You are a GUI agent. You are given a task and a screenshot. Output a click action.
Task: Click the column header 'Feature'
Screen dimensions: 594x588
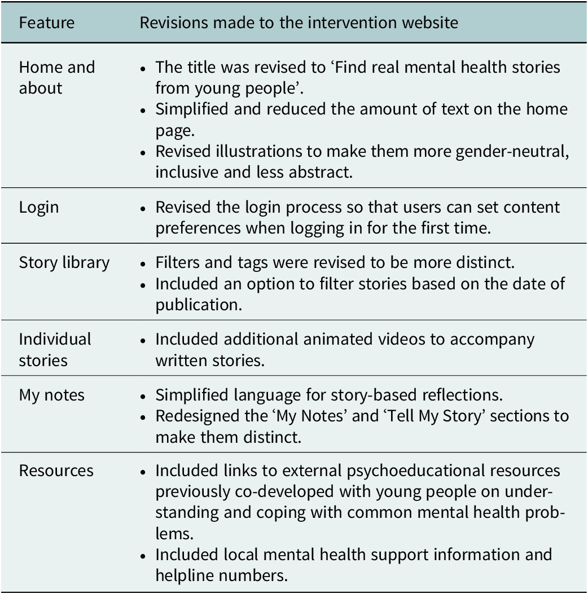46,23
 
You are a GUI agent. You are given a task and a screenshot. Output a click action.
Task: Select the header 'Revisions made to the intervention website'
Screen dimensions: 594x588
299,23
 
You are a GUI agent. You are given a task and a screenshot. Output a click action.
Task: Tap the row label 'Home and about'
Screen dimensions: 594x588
56,77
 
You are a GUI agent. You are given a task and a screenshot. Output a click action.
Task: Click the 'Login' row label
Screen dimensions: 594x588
38,206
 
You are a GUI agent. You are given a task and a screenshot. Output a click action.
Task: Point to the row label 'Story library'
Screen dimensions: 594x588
64,262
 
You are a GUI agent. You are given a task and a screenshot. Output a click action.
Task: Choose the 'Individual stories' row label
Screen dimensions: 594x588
55,350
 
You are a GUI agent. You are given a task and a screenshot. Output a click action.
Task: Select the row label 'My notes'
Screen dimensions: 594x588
51,395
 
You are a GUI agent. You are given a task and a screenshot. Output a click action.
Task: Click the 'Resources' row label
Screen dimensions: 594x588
56,470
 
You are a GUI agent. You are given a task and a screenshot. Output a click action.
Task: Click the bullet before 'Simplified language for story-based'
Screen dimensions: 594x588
144,395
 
